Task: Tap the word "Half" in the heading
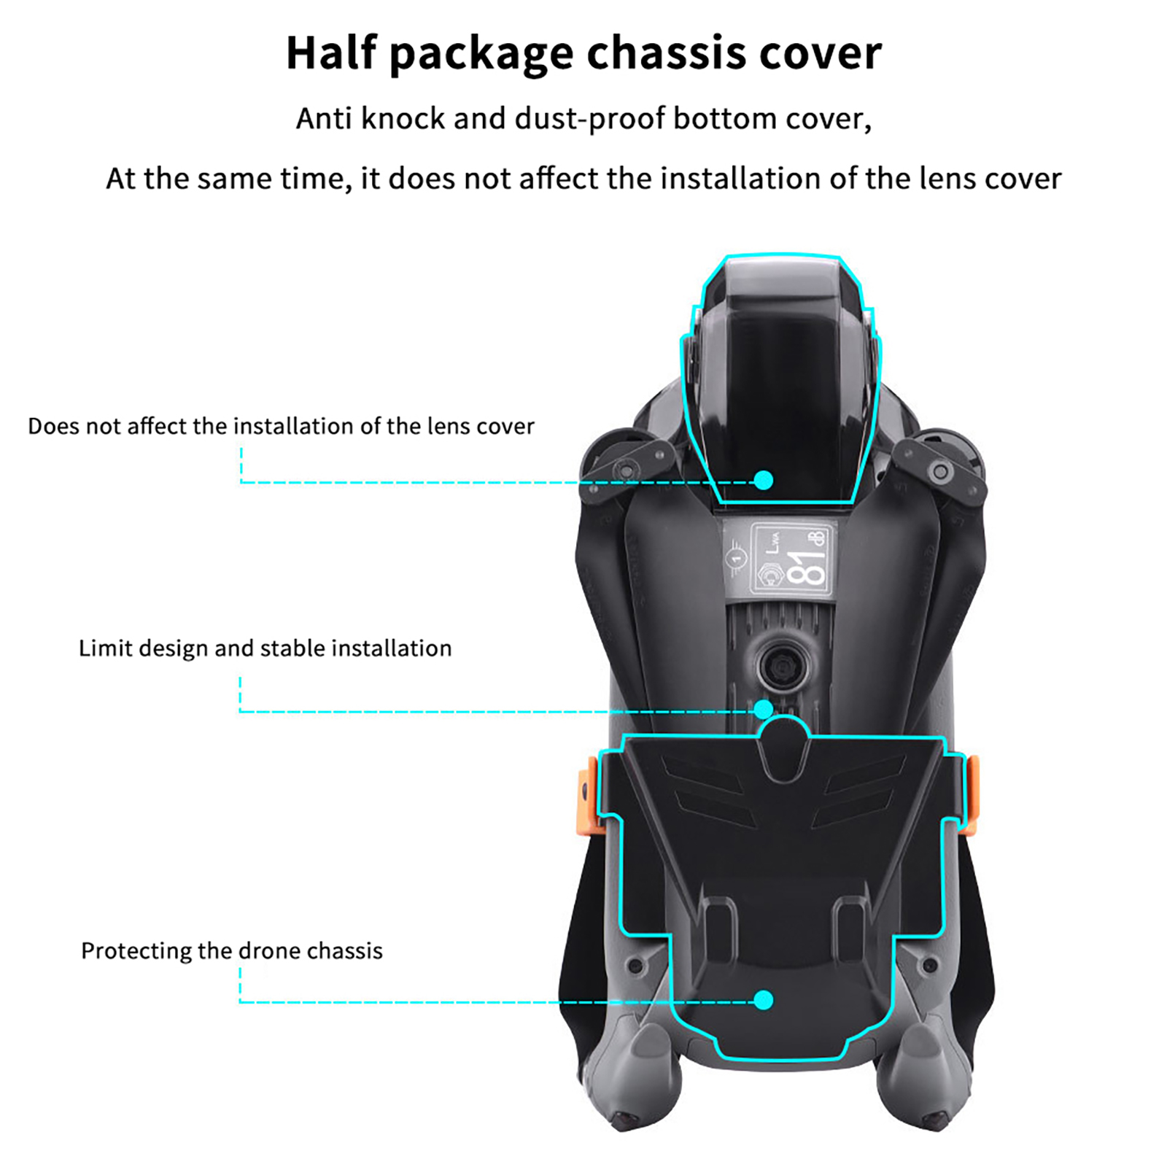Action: [x=330, y=53]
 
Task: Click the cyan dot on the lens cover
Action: [x=763, y=480]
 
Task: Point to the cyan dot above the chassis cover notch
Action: [x=763, y=709]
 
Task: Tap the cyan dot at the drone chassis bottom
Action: [x=763, y=1000]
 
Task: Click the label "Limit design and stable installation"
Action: [x=265, y=648]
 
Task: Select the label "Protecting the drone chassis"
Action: [x=231, y=951]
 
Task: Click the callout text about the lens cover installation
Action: [x=281, y=426]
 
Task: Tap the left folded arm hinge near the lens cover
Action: [x=624, y=468]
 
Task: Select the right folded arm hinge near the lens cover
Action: [x=941, y=471]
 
